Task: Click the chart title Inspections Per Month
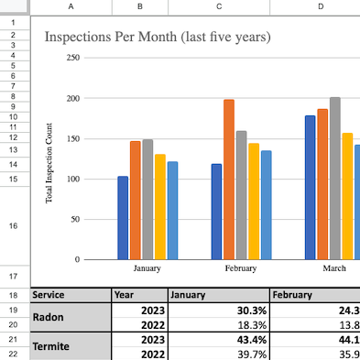pyautogui.click(x=111, y=37)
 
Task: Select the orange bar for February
pyautogui.click(x=229, y=180)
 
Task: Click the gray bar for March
pyautogui.click(x=335, y=179)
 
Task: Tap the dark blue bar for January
pyautogui.click(x=123, y=218)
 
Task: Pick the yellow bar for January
pyautogui.click(x=160, y=207)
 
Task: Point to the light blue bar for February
pyautogui.click(x=267, y=205)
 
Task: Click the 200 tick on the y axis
pyautogui.click(x=73, y=98)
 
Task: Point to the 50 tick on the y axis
pyautogui.click(x=75, y=219)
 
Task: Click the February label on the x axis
pyautogui.click(x=241, y=268)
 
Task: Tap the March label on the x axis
pyautogui.click(x=334, y=268)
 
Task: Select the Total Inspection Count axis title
pyautogui.click(x=49, y=163)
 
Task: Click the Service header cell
pyautogui.click(x=71, y=295)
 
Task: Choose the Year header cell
pyautogui.click(x=140, y=295)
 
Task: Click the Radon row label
pyautogui.click(x=71, y=317)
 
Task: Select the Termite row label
pyautogui.click(x=71, y=346)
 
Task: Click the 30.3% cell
pyautogui.click(x=219, y=311)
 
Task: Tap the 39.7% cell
pyautogui.click(x=219, y=355)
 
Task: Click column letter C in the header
pyautogui.click(x=219, y=6)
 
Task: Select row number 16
pyautogui.click(x=13, y=225)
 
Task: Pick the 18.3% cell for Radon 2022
pyautogui.click(x=219, y=325)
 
